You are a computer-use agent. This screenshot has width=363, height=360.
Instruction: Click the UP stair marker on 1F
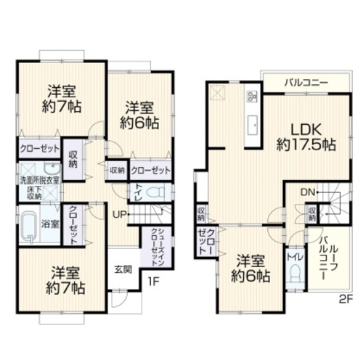120,214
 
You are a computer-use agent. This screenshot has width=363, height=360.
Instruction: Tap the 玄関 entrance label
123,269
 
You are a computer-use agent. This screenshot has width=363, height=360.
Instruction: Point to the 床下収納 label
34,192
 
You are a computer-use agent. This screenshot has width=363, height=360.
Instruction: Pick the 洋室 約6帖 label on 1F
140,115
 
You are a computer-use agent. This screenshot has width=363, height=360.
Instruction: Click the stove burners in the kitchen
253,95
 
